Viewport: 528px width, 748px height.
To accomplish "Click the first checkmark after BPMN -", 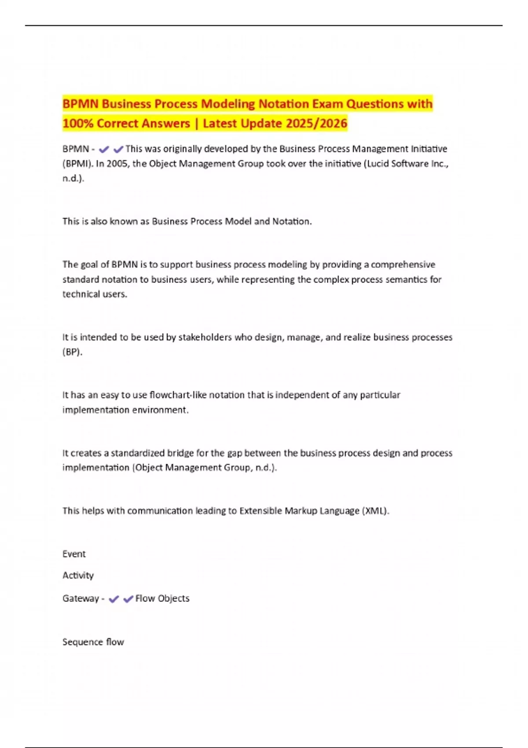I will tap(104, 150).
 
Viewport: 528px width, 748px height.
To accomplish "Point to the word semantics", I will tap(405, 279).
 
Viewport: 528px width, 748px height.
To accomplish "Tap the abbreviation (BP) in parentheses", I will tap(72, 352).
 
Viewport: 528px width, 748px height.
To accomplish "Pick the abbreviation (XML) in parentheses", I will tap(375, 511).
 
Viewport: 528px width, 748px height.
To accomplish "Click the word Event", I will tap(74, 554).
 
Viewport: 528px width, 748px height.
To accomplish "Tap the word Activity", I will tap(78, 576).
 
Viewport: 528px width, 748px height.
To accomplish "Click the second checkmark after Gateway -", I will tap(128, 599).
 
